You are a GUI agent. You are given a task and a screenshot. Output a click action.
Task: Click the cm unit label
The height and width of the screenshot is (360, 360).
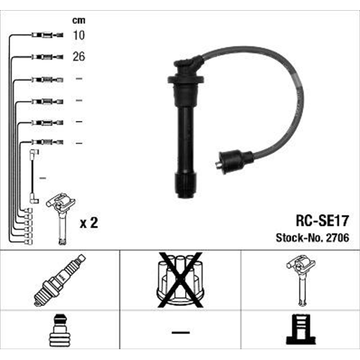point(78,21)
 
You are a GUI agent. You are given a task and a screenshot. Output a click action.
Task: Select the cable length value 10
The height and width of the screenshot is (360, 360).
point(79,35)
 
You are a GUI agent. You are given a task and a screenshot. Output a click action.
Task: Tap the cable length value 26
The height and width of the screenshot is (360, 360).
point(79,57)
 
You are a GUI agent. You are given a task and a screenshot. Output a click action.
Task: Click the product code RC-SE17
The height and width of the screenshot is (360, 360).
point(322,221)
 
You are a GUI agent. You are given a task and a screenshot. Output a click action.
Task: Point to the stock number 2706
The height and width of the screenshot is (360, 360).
point(338,238)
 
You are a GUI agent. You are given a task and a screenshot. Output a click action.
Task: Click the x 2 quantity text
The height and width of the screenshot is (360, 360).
point(89,223)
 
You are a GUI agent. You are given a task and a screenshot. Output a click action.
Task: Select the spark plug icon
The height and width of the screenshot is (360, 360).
point(60,280)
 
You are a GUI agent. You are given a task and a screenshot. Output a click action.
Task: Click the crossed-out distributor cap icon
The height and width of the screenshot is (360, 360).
point(180,280)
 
